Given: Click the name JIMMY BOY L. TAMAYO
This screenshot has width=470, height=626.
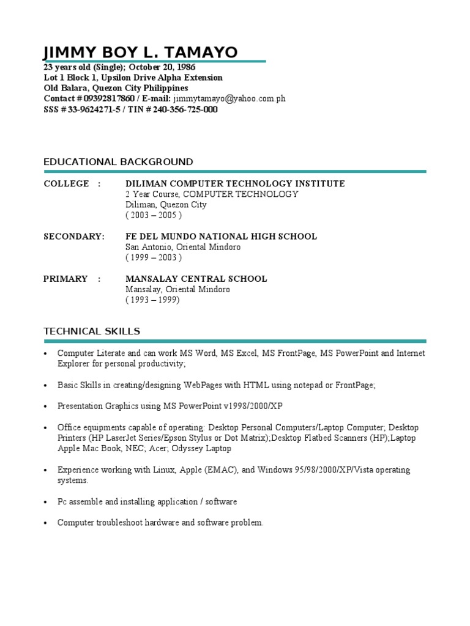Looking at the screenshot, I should [x=141, y=53].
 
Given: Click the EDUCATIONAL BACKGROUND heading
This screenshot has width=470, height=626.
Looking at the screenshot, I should [x=118, y=162].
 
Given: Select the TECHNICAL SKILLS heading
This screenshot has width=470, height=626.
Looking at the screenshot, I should [x=92, y=331].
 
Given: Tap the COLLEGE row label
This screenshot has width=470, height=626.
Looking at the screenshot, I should [x=66, y=184].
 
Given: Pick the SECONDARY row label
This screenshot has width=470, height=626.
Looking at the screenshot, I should [x=74, y=237].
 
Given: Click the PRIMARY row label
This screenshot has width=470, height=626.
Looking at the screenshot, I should [x=65, y=279].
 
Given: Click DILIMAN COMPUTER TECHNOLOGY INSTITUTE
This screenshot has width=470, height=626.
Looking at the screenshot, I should [x=235, y=184].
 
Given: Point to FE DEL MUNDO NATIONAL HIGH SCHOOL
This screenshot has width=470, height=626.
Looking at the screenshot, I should [x=221, y=237].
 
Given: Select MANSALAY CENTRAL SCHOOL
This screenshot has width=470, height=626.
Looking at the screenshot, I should [x=196, y=279].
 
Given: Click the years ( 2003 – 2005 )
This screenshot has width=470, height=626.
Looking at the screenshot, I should [x=154, y=215].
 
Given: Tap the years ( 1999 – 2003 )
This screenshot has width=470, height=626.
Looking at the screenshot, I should [x=154, y=257].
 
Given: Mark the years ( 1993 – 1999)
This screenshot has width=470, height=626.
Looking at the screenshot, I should [x=153, y=300].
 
